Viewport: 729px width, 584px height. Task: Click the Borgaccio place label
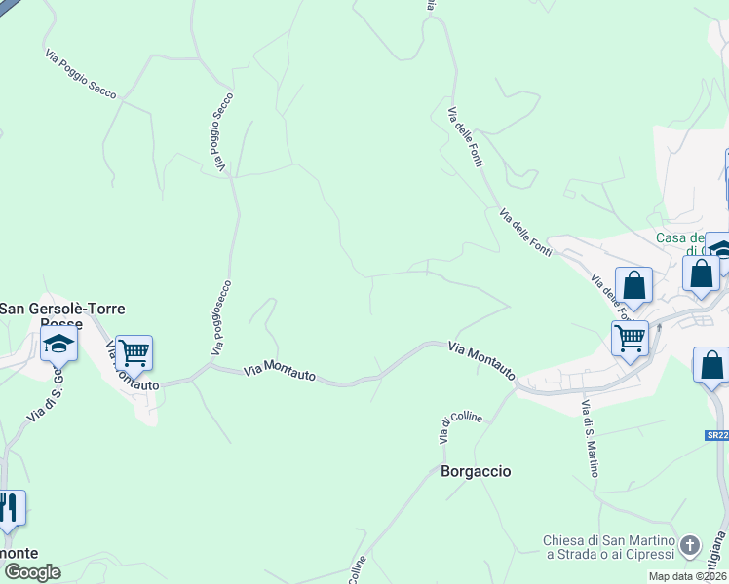tap(476, 471)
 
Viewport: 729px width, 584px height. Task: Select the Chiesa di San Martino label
tap(610, 547)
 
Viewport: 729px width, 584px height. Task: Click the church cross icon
tap(690, 544)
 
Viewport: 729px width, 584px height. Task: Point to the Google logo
tap(31, 572)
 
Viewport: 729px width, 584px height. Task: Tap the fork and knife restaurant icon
tap(9, 507)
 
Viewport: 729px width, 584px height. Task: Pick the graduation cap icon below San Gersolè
tap(58, 344)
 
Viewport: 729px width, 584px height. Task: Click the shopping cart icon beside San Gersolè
tap(134, 351)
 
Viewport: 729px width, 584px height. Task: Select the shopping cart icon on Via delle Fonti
tap(630, 338)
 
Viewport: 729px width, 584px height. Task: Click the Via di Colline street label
tap(446, 428)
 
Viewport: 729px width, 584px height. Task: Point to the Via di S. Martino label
tap(590, 438)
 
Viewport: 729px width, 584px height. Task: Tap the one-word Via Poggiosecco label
tap(219, 317)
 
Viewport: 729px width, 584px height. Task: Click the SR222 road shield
tap(718, 436)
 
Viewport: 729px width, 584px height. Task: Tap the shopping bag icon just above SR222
tap(712, 367)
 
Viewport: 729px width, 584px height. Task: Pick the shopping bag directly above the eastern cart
tap(633, 285)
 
